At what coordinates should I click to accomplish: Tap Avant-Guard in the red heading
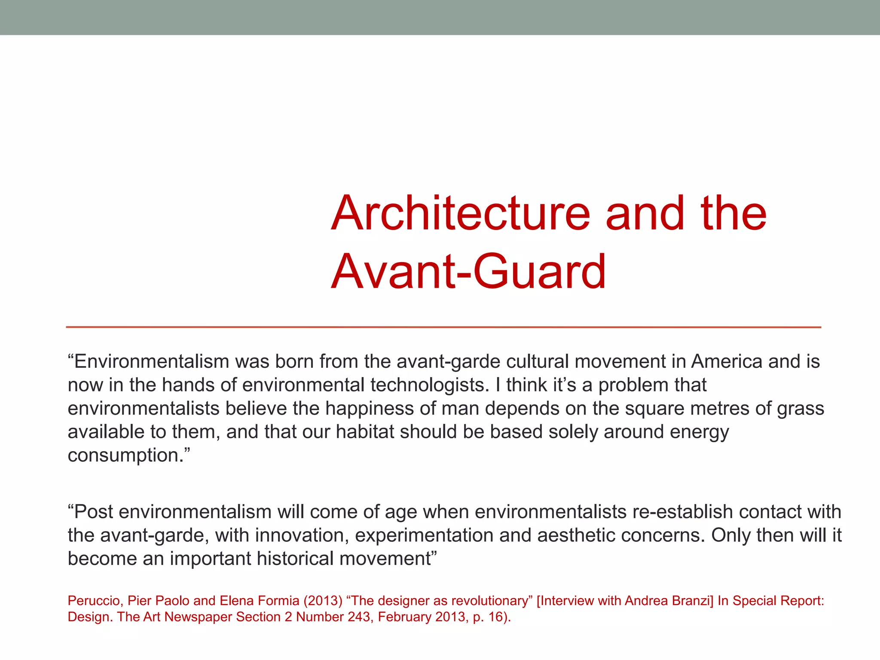click(468, 272)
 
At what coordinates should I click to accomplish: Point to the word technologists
click(427, 385)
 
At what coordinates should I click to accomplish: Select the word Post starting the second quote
click(94, 512)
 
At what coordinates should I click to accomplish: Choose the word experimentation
click(424, 535)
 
